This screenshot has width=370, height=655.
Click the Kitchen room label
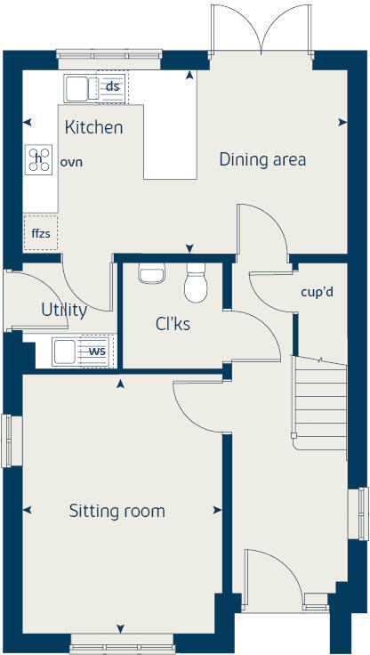(93, 127)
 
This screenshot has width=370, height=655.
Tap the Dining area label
(262, 159)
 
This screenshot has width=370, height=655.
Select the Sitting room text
(117, 511)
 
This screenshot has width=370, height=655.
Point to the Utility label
(64, 310)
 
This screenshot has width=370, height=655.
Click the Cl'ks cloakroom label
(173, 324)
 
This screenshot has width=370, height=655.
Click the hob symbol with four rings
(38, 159)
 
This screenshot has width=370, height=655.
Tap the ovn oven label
(70, 163)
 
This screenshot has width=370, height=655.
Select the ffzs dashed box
(40, 231)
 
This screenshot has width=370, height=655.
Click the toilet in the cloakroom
(196, 284)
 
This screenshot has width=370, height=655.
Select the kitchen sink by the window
(76, 88)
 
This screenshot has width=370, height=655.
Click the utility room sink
(66, 351)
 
